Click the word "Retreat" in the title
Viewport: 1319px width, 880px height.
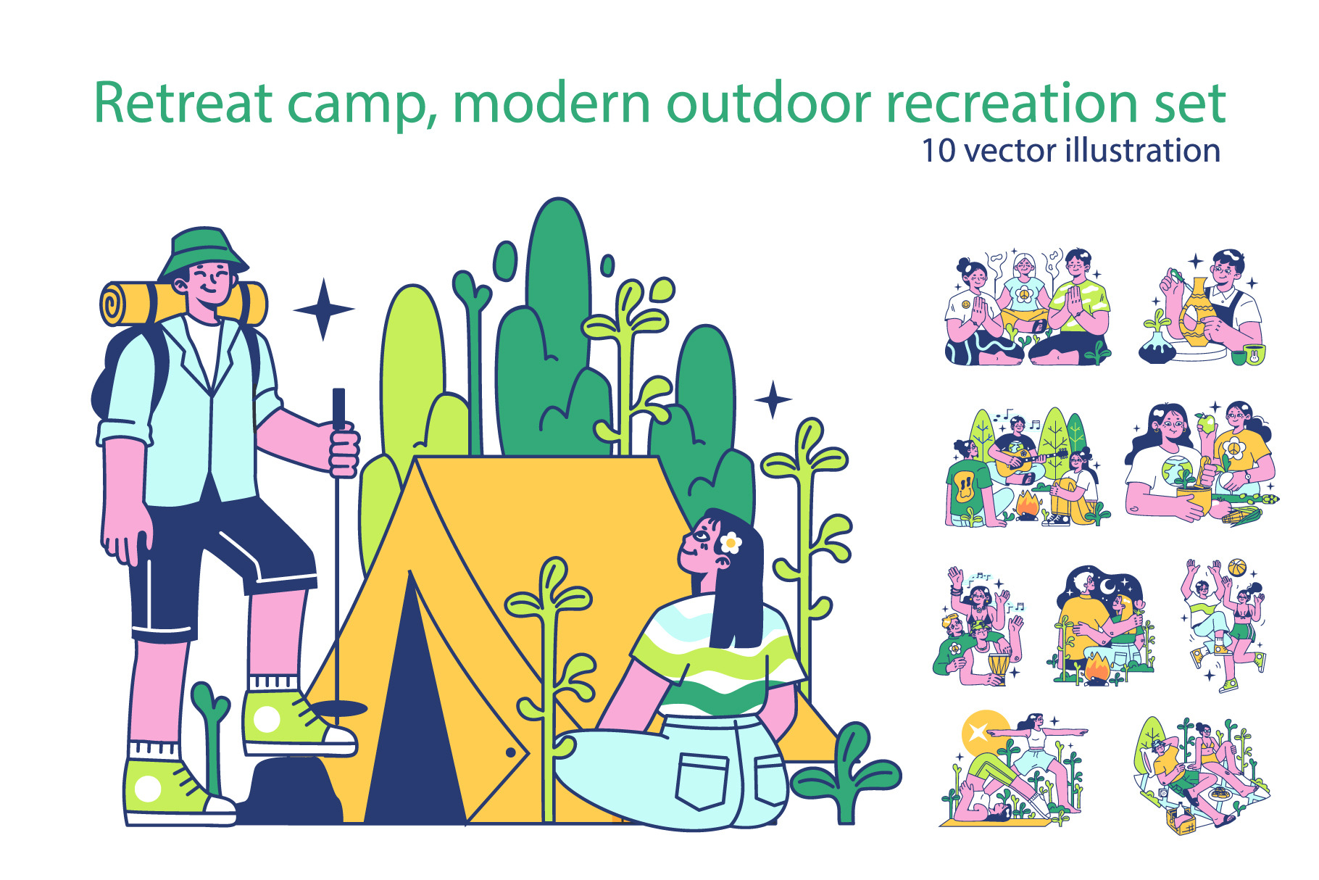[183, 103]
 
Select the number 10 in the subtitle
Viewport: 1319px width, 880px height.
[939, 151]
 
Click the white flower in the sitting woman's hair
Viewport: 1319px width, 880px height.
[731, 541]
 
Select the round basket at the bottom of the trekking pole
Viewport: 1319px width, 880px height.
[338, 708]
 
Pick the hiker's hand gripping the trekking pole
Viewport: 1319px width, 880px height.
[344, 450]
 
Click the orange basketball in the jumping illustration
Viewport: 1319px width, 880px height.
[1236, 568]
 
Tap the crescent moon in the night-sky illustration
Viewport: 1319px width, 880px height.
[1107, 585]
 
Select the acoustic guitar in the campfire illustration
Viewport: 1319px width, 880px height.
[1023, 457]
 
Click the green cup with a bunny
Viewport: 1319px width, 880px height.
[1254, 354]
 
